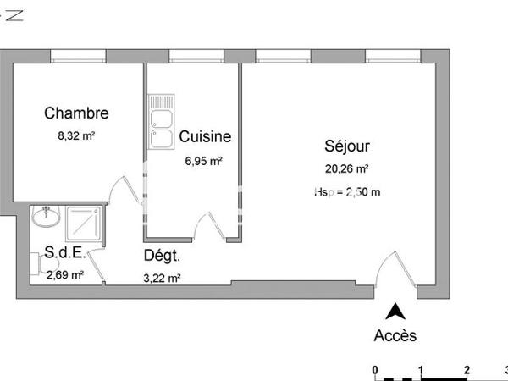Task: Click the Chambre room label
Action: pyautogui.click(x=76, y=113)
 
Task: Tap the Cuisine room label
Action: pyautogui.click(x=205, y=136)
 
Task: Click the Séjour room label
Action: pyautogui.click(x=346, y=146)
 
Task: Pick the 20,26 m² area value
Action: pyautogui.click(x=346, y=168)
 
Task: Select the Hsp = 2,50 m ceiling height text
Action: pyautogui.click(x=347, y=191)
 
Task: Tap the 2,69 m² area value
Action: pyautogui.click(x=65, y=273)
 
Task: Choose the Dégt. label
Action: pyautogui.click(x=162, y=255)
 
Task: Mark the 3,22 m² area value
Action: pyautogui.click(x=163, y=278)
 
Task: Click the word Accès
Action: pyautogui.click(x=395, y=335)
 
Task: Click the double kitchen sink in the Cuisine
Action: pyautogui.click(x=161, y=122)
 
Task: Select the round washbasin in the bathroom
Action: pyautogui.click(x=47, y=218)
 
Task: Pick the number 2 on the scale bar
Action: pyautogui.click(x=467, y=370)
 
